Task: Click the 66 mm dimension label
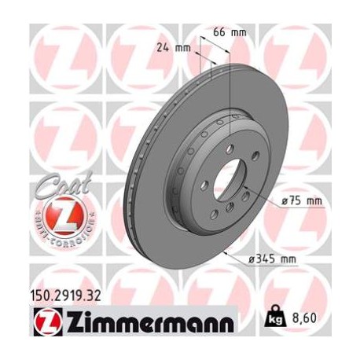pyautogui.click(x=228, y=32)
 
